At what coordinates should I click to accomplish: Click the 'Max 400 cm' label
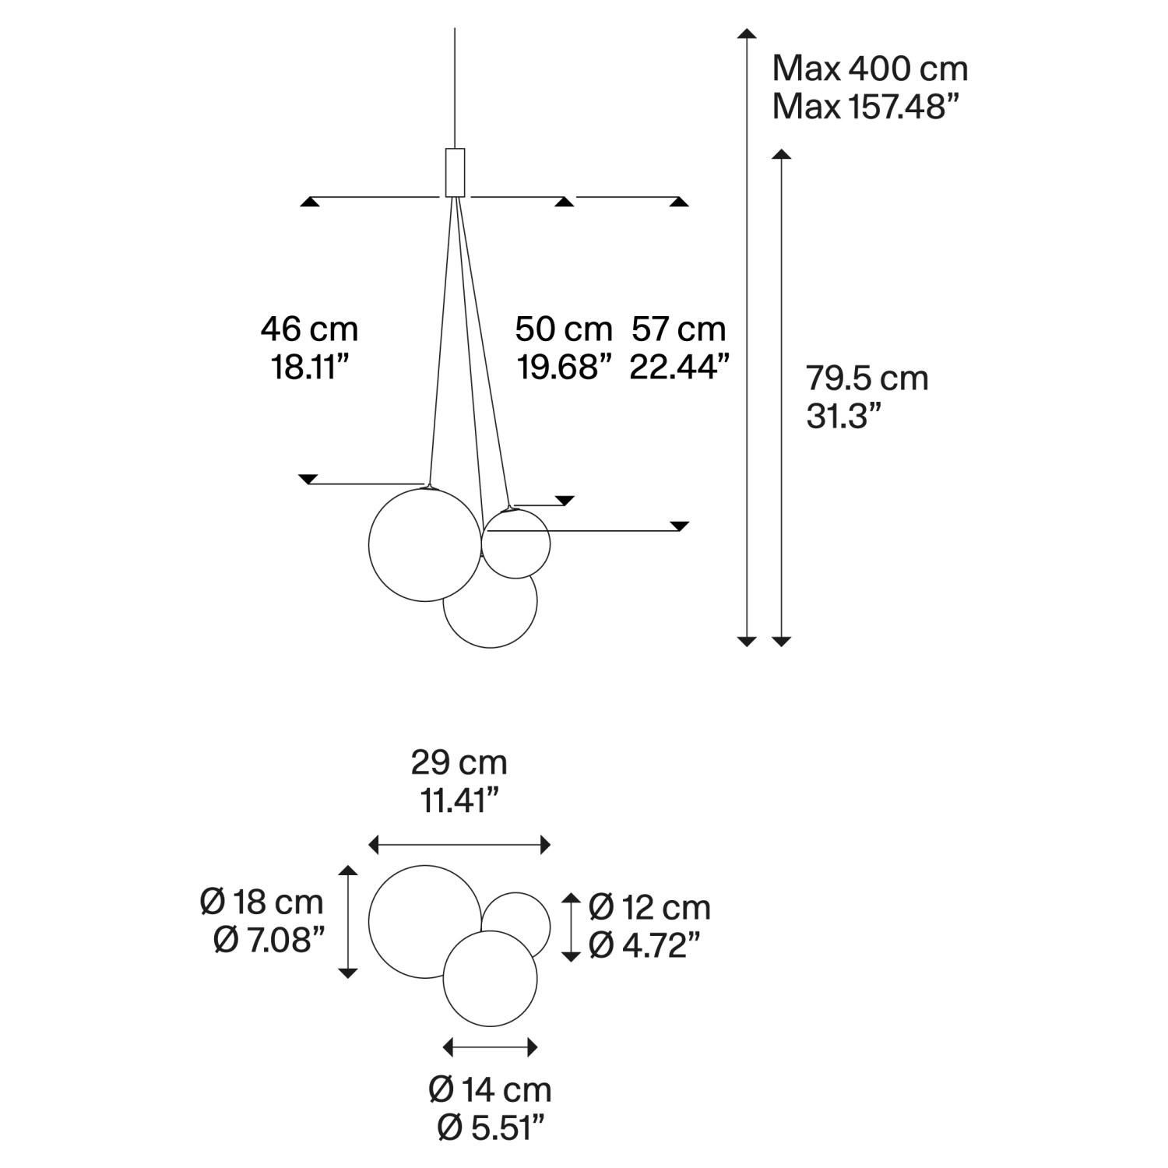[x=870, y=69]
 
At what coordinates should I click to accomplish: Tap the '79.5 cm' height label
[x=867, y=378]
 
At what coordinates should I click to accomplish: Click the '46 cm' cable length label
[x=309, y=329]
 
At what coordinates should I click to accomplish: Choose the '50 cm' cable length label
[x=564, y=329]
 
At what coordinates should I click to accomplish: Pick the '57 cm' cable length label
[x=678, y=329]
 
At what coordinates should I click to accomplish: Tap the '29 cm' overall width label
[x=459, y=762]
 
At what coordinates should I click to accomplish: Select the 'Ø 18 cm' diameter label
[x=262, y=902]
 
